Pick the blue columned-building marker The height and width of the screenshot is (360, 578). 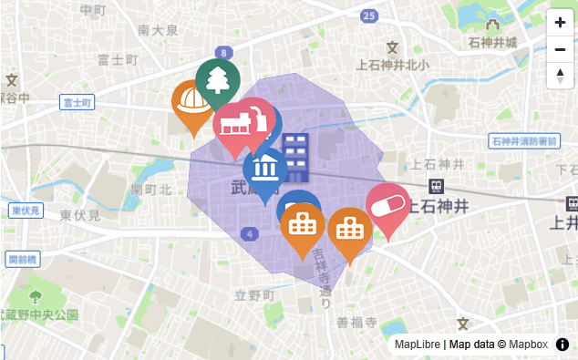pyautogui.click(x=265, y=168)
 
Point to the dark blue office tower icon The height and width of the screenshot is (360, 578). pyautogui.click(x=295, y=154)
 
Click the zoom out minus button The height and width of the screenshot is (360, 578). pyautogui.click(x=560, y=49)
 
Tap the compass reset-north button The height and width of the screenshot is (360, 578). pyautogui.click(x=560, y=77)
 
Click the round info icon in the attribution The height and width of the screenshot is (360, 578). pyautogui.click(x=563, y=345)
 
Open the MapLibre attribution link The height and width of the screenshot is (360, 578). pyautogui.click(x=418, y=345)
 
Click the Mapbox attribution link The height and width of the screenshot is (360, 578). pyautogui.click(x=528, y=345)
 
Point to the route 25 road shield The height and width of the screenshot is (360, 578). pyautogui.click(x=368, y=15)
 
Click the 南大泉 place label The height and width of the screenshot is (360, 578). pyautogui.click(x=158, y=30)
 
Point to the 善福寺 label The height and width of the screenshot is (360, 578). pyautogui.click(x=356, y=323)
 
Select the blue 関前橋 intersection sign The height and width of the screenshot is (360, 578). pyautogui.click(x=23, y=260)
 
